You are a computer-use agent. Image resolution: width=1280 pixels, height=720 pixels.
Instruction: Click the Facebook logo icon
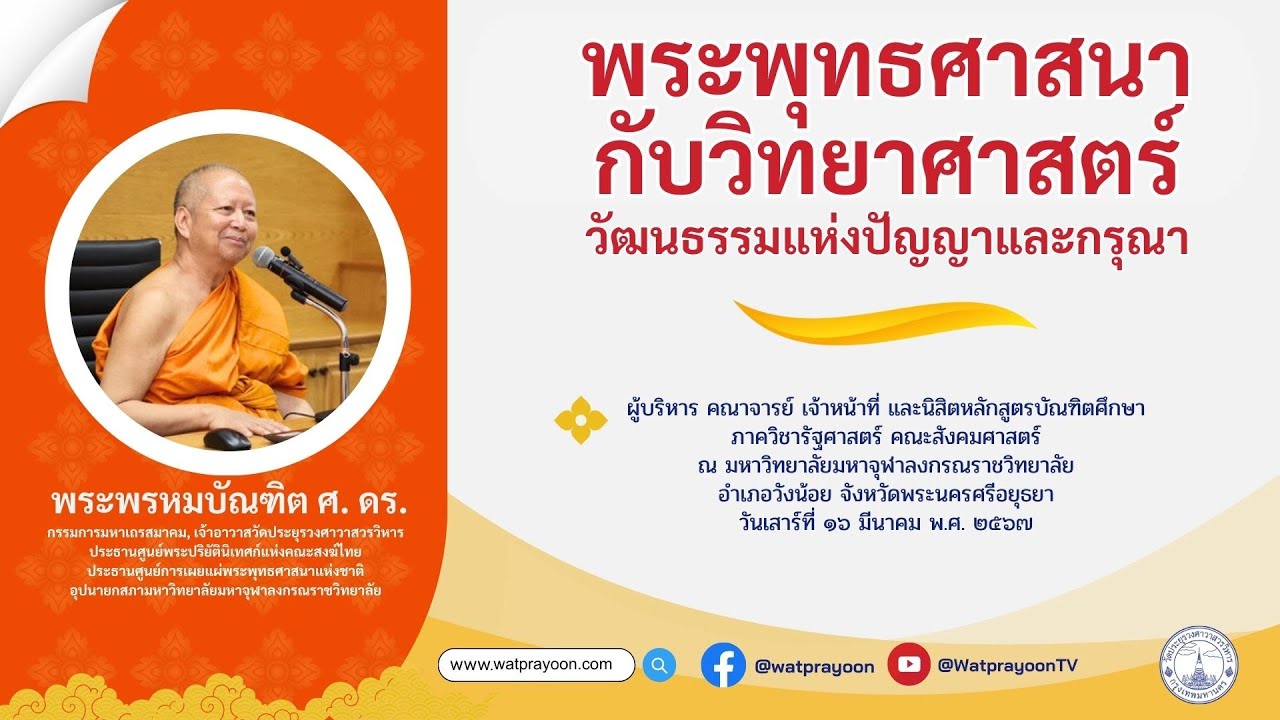[x=723, y=665]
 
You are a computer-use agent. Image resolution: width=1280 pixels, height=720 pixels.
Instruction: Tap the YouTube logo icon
[x=908, y=665]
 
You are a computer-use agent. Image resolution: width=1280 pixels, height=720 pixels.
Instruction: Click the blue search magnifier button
[x=659, y=665]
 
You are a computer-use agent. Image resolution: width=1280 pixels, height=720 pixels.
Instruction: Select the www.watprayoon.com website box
[x=536, y=665]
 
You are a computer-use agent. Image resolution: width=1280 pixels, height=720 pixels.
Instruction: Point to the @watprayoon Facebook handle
[x=814, y=666]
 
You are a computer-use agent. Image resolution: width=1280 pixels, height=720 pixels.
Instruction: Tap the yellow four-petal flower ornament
[x=580, y=421]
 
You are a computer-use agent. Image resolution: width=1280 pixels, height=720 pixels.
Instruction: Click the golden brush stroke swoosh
[x=884, y=319]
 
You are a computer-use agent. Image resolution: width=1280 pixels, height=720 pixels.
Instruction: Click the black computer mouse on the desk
[x=227, y=439]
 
